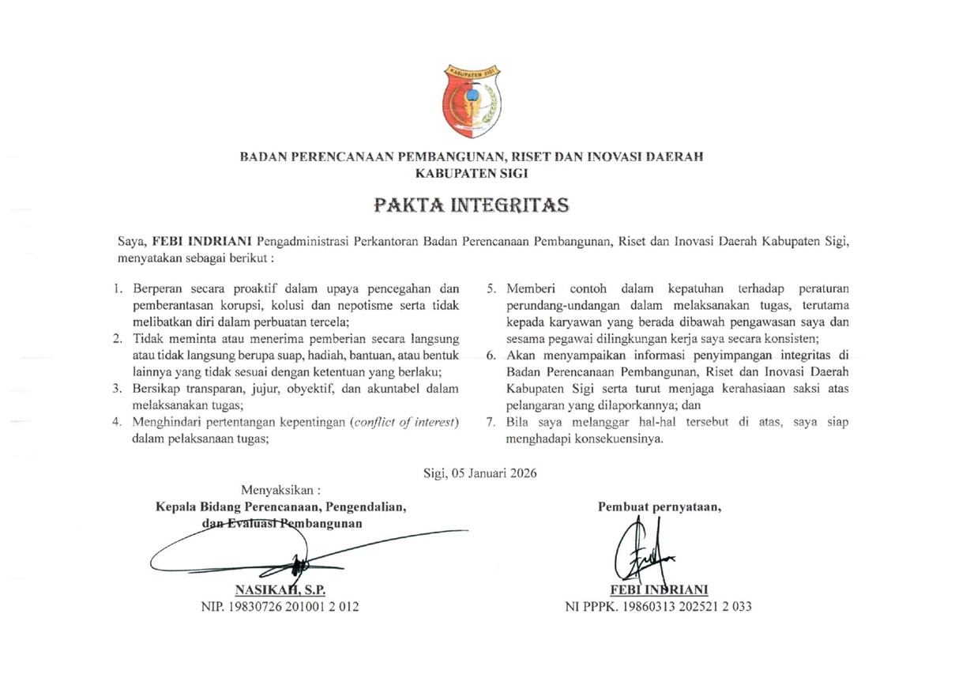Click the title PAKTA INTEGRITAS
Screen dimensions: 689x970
pos(472,205)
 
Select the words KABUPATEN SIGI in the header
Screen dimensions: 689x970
pos(472,173)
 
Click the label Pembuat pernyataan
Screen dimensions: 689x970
pos(660,507)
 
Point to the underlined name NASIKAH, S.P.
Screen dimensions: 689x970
pos(280,589)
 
